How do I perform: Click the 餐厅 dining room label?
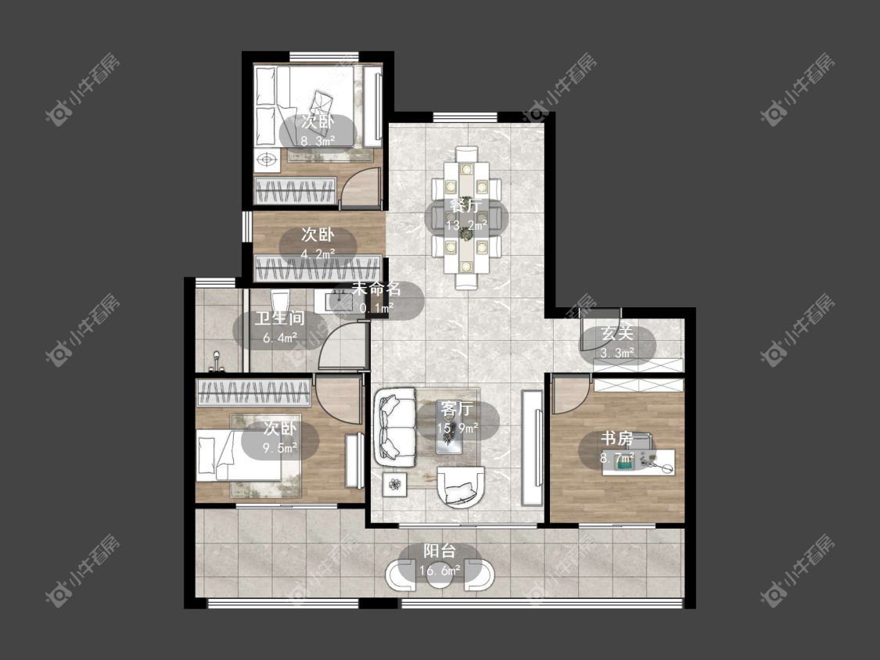click(x=465, y=206)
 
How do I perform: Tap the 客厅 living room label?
click(x=456, y=408)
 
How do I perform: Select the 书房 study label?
click(x=617, y=439)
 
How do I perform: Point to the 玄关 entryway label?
click(x=617, y=333)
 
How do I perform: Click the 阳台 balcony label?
click(x=440, y=551)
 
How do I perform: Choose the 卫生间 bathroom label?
click(x=279, y=319)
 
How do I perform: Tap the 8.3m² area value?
click(x=318, y=141)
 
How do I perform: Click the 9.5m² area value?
click(x=280, y=448)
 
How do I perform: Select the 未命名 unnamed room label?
click(x=376, y=289)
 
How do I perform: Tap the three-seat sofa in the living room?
click(x=394, y=427)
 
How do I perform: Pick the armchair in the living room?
click(x=460, y=487)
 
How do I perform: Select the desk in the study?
click(x=638, y=461)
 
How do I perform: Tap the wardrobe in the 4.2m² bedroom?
click(x=318, y=267)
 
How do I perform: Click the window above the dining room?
click(x=465, y=117)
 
